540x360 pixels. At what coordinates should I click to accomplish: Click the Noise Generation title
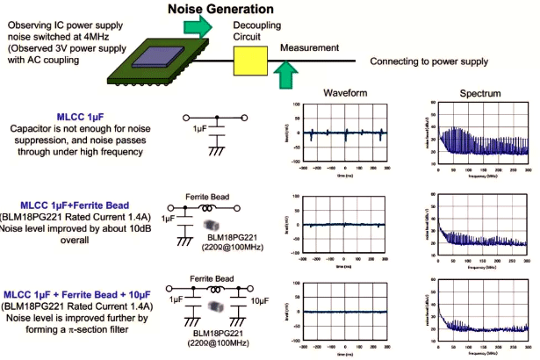click(x=216, y=10)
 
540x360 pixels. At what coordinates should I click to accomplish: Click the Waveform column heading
click(x=344, y=92)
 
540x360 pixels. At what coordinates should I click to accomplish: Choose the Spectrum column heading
click(x=480, y=94)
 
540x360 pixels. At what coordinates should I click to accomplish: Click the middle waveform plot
click(x=344, y=223)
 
